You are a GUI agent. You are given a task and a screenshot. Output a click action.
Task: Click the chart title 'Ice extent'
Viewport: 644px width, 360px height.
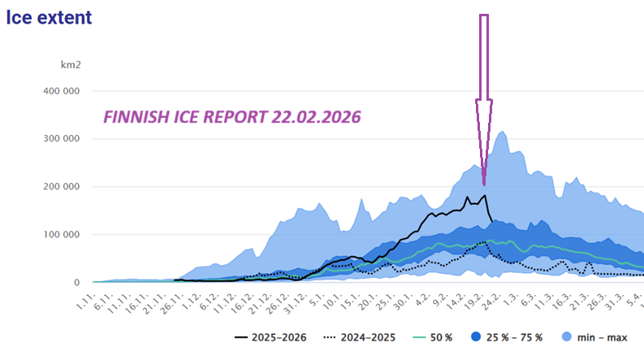[49, 16]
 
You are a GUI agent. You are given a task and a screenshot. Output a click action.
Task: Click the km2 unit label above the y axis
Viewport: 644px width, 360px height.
[71, 64]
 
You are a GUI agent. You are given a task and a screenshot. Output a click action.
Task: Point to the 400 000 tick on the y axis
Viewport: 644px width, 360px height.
[59, 90]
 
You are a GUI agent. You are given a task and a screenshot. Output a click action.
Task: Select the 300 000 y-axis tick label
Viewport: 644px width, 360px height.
[59, 138]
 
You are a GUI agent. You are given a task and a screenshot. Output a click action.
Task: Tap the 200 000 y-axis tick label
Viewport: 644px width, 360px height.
[59, 186]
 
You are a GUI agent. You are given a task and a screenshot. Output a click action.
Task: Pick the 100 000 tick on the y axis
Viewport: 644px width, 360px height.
[59, 235]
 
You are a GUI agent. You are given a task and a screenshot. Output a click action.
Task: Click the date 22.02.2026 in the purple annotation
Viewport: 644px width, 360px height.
[318, 117]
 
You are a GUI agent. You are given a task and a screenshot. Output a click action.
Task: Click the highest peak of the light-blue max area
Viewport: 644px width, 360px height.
[503, 132]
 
